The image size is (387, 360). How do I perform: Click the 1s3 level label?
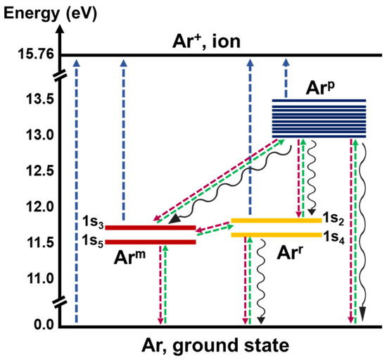point(93,226)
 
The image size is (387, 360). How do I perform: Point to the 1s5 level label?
point(93,242)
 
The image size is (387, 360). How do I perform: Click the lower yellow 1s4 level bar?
point(276,235)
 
